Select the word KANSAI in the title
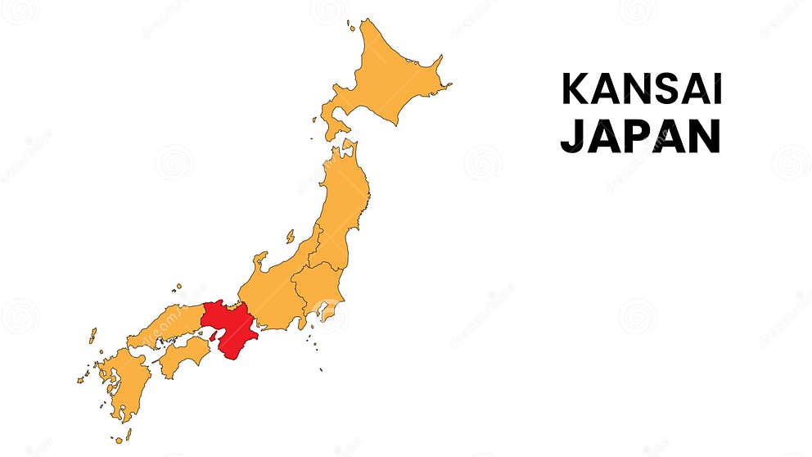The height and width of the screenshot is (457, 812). tap(641, 89)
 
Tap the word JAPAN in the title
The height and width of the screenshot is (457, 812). tap(639, 136)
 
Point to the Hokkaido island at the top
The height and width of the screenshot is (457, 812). tap(385, 78)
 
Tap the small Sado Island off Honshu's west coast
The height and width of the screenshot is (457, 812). tap(290, 236)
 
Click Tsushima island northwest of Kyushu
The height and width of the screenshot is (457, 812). tap(92, 336)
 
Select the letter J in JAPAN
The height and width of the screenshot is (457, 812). tap(571, 136)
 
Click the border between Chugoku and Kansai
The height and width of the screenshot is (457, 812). tap(203, 314)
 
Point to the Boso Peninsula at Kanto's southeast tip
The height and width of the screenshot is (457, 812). tap(331, 310)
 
